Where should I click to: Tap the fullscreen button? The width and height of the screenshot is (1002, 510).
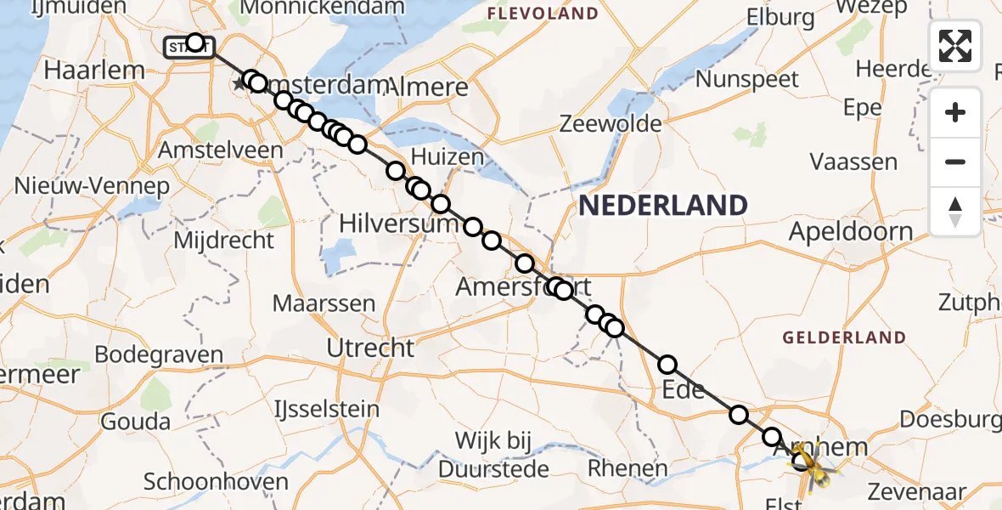pos(955,46)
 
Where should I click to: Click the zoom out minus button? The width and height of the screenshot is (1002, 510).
pos(955,161)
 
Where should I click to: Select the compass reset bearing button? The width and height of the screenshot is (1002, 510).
pos(955,212)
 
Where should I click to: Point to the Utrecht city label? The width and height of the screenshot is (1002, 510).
pos(370,347)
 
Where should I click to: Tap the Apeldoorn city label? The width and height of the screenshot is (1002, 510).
pos(851,231)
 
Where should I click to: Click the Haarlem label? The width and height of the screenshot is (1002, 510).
pos(85,71)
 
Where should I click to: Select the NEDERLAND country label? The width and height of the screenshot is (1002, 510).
pos(663,205)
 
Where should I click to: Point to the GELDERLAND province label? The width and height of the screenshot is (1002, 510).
pos(844,337)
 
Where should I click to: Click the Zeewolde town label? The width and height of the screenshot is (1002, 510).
pos(611,124)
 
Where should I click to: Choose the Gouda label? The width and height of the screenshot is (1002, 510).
pos(133,421)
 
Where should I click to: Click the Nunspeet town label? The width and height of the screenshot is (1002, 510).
pos(747,80)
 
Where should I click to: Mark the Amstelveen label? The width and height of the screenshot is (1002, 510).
pos(221,150)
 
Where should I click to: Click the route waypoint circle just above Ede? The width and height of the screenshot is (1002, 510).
pos(667,365)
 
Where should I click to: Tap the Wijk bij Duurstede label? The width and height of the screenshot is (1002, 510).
pos(493,453)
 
